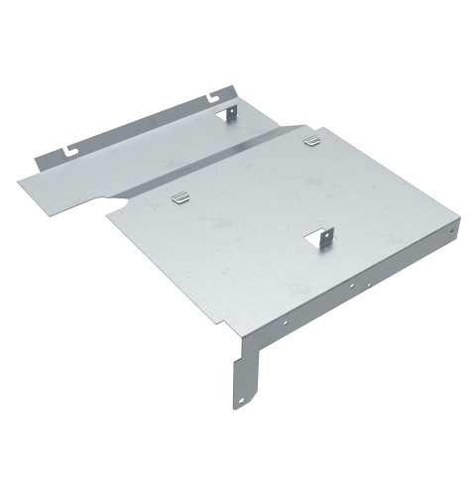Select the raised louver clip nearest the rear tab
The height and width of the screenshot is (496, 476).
311,140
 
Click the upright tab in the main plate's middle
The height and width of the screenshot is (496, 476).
327,238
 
